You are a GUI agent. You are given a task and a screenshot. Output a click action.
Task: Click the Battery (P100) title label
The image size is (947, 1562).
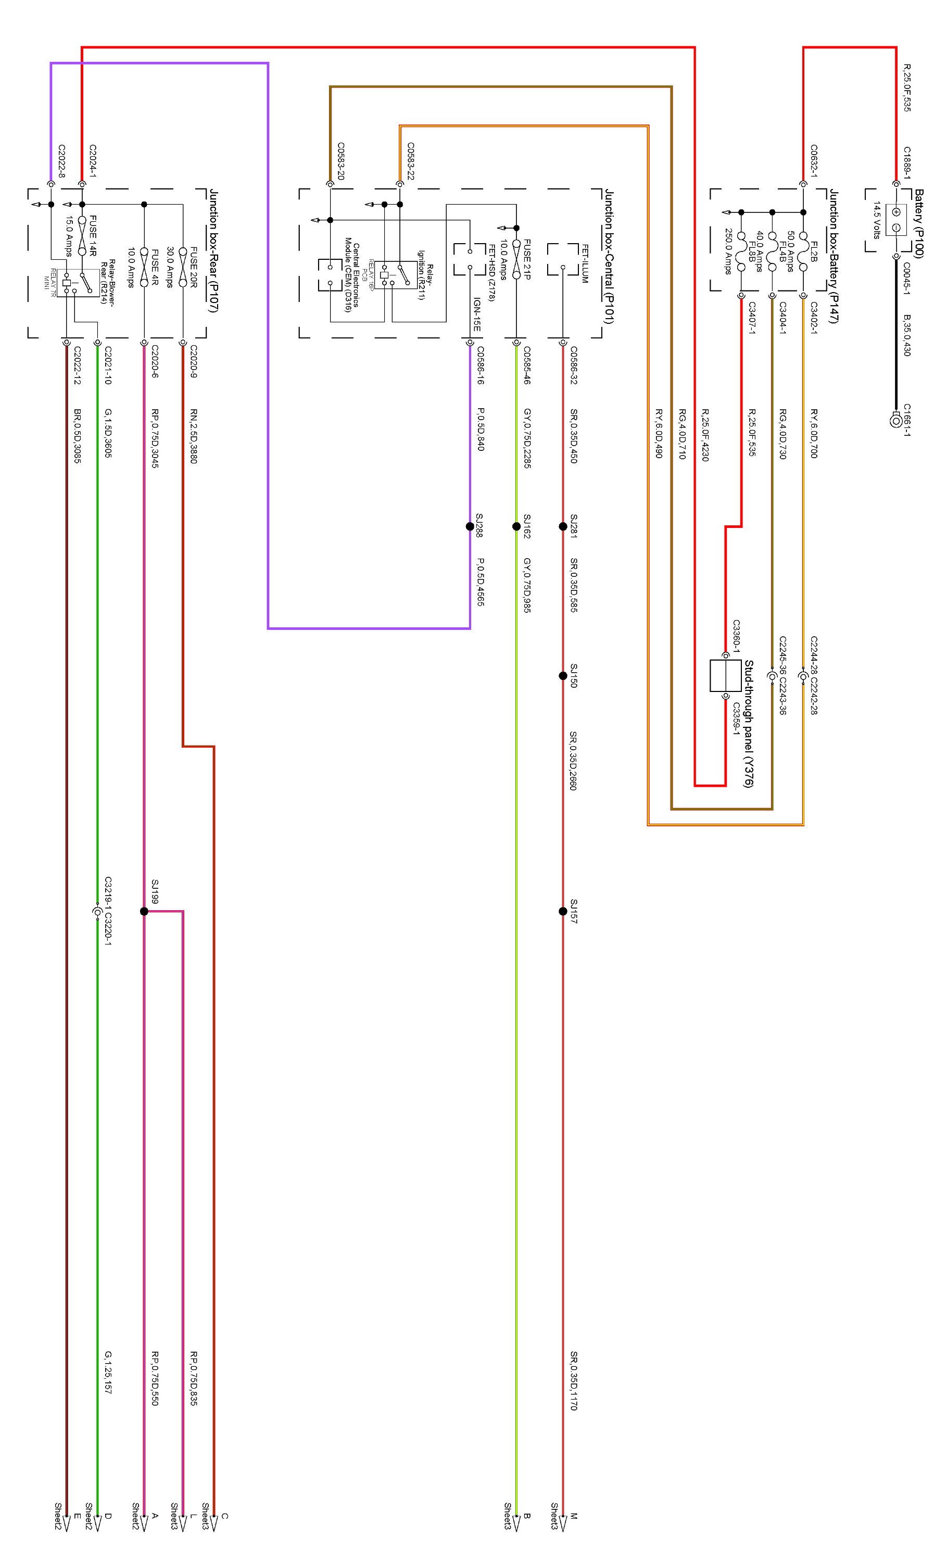[x=918, y=223]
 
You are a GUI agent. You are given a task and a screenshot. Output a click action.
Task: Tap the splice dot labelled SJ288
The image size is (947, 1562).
[x=470, y=526]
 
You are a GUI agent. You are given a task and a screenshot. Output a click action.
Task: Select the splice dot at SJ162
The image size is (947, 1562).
[x=516, y=526]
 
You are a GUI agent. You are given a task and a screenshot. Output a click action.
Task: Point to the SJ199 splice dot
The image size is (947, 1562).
[x=144, y=911]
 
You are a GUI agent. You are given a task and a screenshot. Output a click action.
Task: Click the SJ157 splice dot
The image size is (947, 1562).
[x=563, y=911]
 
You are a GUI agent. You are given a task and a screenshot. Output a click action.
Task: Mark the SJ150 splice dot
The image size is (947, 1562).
[x=563, y=676]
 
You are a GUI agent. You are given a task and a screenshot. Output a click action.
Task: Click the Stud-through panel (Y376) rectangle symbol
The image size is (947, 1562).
[x=725, y=676]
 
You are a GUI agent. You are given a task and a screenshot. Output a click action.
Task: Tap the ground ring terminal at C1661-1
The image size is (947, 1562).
[x=895, y=420]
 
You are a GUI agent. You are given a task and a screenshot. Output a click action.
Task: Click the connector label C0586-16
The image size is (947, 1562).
[x=481, y=366]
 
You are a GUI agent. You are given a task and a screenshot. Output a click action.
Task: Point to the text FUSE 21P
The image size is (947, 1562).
[x=527, y=259]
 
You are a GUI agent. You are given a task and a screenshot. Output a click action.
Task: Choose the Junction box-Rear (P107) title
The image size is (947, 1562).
[x=213, y=251]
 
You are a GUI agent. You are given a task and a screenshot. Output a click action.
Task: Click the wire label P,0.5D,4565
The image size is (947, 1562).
[x=481, y=582]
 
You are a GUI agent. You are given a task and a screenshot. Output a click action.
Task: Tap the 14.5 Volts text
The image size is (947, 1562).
[x=877, y=220]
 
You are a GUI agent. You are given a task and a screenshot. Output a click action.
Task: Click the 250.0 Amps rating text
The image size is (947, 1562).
[x=729, y=251]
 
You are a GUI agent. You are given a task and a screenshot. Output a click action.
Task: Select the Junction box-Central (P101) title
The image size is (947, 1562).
[x=609, y=256]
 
